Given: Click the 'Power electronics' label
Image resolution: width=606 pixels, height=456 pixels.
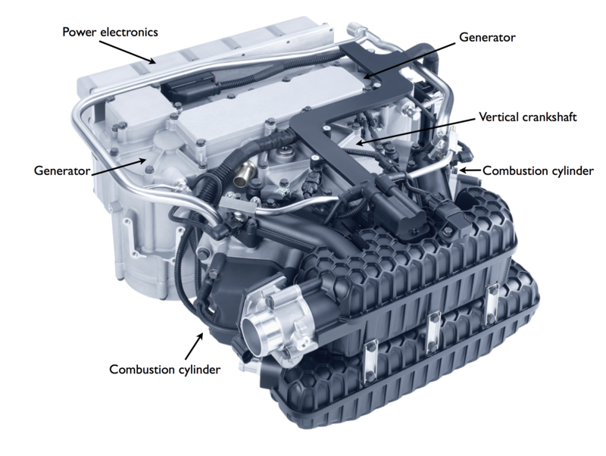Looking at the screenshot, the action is (x=110, y=32).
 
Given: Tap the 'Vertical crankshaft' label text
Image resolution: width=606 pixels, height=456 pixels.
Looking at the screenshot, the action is (x=527, y=117).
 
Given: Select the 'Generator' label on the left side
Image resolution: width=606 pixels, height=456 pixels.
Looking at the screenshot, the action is (x=62, y=170).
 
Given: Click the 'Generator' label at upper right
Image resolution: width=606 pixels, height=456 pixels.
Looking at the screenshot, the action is (x=487, y=37).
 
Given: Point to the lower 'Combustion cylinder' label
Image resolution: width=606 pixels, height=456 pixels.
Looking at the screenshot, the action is (x=164, y=370).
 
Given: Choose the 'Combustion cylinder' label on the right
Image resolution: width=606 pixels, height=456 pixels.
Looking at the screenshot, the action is (x=538, y=170).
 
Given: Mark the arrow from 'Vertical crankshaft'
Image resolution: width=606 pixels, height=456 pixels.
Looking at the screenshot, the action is (x=415, y=131).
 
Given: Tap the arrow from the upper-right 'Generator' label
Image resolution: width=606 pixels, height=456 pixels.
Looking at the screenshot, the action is (x=409, y=61).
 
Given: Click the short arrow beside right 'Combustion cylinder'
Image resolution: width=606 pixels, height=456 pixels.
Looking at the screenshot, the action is (x=470, y=170).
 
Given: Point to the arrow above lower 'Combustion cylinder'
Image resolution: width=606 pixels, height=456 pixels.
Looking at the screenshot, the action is (x=194, y=347).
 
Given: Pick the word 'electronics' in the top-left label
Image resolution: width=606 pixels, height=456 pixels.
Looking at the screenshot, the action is (x=129, y=32).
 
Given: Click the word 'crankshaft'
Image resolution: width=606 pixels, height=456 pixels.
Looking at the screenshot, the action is (x=549, y=117).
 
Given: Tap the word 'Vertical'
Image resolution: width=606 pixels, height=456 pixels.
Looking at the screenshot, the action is (x=498, y=117).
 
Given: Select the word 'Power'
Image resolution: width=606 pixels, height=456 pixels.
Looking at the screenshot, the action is (x=80, y=32).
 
